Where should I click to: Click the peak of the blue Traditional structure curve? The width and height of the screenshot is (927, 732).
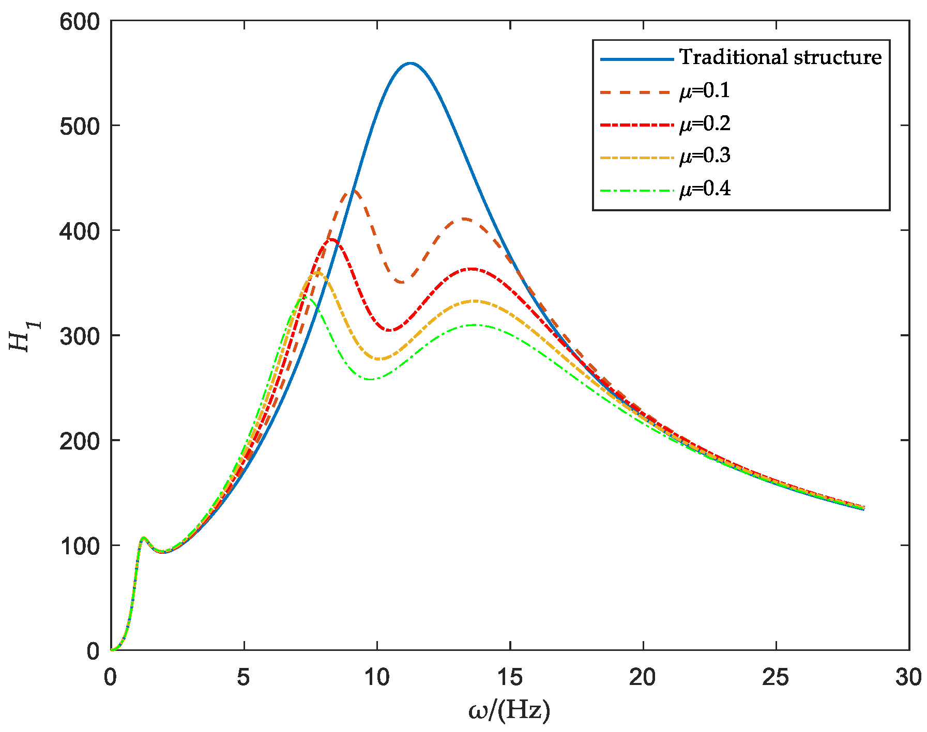tap(411, 64)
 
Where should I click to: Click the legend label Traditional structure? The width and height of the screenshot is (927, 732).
tap(780, 57)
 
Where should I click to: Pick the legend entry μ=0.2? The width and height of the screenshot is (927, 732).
tap(705, 124)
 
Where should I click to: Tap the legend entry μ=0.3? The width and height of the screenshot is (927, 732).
tap(705, 156)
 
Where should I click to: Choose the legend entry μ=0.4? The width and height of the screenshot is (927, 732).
tap(705, 190)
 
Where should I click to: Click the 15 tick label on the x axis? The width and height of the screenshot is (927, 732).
tap(510, 678)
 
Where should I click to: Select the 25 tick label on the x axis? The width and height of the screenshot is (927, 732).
tap(776, 678)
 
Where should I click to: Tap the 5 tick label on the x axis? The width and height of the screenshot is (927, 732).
tap(244, 678)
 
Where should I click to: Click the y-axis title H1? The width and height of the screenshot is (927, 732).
tap(23, 336)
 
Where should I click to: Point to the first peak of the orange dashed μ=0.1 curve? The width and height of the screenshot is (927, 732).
tap(354, 190)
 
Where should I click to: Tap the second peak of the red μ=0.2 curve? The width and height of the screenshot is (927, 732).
tap(472, 269)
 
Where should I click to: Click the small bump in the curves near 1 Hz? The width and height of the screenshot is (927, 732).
tap(143, 538)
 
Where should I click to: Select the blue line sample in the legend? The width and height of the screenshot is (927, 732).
tap(637, 59)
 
